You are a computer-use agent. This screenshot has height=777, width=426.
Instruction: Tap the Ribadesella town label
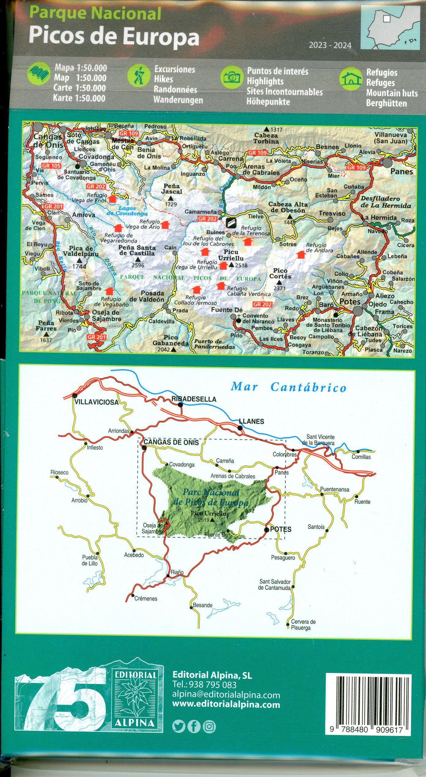(194, 399)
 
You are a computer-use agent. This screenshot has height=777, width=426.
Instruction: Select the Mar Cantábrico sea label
(288, 387)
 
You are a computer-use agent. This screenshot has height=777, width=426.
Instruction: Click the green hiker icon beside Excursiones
(138, 77)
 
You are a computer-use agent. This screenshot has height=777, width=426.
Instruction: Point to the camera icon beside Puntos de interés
(232, 77)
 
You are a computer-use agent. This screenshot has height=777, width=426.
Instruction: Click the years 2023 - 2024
(330, 46)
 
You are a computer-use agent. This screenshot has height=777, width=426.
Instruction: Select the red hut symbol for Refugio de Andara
(301, 254)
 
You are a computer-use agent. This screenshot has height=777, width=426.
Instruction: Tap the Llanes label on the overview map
(251, 421)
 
